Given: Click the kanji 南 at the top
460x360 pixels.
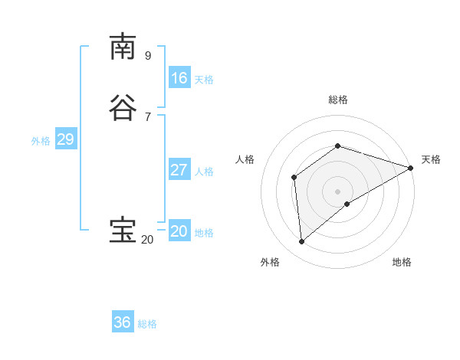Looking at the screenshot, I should click(x=123, y=47).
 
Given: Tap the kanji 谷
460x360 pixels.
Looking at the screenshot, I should click(x=123, y=107).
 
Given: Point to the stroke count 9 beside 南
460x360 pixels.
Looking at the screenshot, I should click(x=148, y=55).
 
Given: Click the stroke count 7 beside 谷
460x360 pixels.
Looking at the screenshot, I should click(x=148, y=116).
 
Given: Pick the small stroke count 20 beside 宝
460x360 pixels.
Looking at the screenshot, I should click(x=148, y=240).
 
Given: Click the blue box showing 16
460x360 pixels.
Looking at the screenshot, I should click(x=179, y=77).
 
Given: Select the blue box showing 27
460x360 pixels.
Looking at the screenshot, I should click(x=179, y=170).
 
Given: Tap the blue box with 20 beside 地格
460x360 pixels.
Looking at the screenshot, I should click(x=179, y=231).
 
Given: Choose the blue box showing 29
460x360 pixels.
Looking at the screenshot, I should click(x=65, y=139).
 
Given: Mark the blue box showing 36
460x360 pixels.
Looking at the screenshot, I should click(x=123, y=322).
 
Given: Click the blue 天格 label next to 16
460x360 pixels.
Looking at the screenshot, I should click(x=204, y=80).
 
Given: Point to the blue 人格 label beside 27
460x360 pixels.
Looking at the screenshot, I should click(x=204, y=172).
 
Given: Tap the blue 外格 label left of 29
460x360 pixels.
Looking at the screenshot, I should click(x=41, y=141).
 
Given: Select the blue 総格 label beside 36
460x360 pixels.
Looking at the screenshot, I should click(x=147, y=324).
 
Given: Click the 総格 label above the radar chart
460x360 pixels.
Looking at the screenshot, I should click(x=338, y=100).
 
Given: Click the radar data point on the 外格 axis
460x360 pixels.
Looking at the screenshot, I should click(x=302, y=242).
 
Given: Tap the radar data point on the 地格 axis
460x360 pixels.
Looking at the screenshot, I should click(x=347, y=204).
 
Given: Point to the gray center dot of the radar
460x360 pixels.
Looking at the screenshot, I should click(x=338, y=191).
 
